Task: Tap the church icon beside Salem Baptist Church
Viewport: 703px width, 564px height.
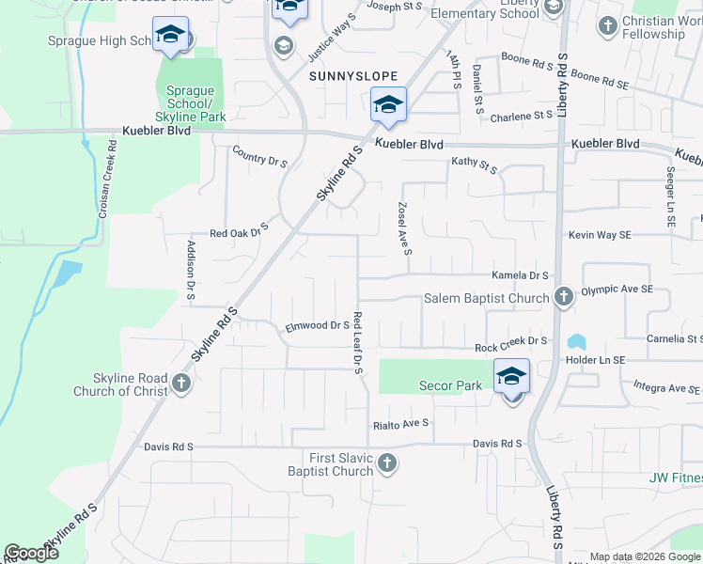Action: point(563,298)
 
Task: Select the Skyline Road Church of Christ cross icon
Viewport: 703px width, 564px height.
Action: point(181,384)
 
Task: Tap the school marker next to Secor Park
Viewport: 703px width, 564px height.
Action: point(511,377)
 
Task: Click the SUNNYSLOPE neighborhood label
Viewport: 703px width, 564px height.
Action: point(351,75)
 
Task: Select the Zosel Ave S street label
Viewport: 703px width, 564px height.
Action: point(402,228)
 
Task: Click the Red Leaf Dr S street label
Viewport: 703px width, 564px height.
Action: point(357,343)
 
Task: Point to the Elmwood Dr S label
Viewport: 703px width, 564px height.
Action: point(318,326)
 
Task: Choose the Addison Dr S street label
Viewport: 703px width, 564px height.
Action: point(191,271)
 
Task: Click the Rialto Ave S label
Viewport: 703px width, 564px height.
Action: point(399,424)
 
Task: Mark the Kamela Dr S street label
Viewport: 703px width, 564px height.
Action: point(520,275)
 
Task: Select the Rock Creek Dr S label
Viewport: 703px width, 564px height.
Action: point(510,347)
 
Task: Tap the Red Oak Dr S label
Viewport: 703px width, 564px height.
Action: point(240,230)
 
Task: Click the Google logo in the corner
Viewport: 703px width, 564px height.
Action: point(32,553)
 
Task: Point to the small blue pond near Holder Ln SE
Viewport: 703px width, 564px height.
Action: point(575,341)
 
